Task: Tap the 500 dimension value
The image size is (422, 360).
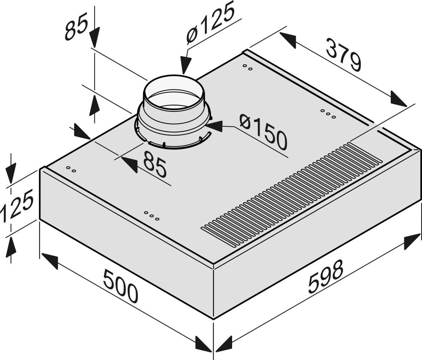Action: pyautogui.click(x=121, y=286)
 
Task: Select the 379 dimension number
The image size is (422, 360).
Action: pyautogui.click(x=343, y=55)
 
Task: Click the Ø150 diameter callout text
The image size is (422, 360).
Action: pyautogui.click(x=263, y=132)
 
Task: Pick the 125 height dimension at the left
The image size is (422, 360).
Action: pyautogui.click(x=17, y=206)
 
